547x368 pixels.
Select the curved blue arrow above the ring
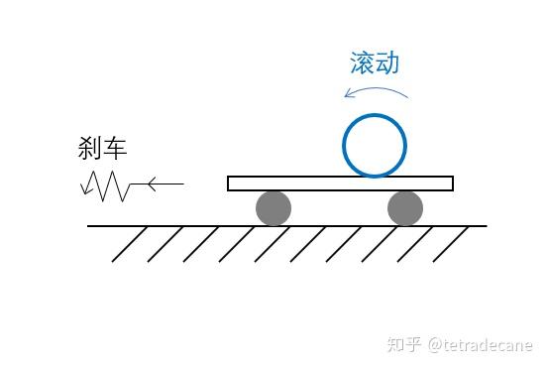coord(377,90)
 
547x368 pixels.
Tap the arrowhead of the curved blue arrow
coord(347,94)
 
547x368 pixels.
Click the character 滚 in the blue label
coord(363,62)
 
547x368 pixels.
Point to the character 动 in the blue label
coord(387,62)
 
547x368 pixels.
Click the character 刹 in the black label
coord(90,149)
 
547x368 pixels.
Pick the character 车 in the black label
coord(115,149)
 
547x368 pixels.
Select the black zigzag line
coord(105,184)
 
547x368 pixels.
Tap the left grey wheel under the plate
coord(273,208)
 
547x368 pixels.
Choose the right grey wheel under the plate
coord(405,208)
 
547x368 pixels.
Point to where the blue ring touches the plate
coord(375,177)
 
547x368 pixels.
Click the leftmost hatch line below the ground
coord(130,244)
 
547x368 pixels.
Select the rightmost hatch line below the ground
coord(450,244)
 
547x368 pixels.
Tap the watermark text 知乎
coord(404,345)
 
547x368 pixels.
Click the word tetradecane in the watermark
coord(492,345)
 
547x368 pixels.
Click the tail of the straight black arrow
coord(182,184)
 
